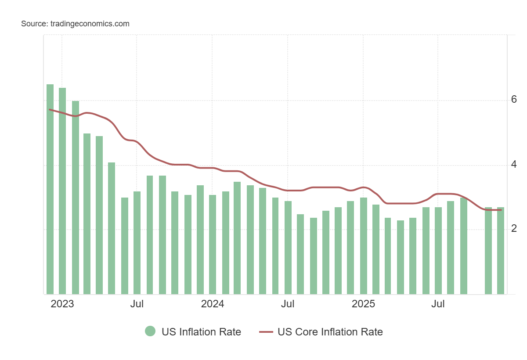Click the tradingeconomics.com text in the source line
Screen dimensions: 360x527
pyautogui.click(x=89, y=24)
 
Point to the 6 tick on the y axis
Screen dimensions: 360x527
pyautogui.click(x=514, y=100)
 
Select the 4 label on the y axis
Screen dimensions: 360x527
pyautogui.click(x=514, y=165)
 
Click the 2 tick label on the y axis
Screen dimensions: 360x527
pyautogui.click(x=514, y=229)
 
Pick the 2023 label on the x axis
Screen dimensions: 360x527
pyautogui.click(x=62, y=304)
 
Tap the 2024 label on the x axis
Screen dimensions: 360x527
pyautogui.click(x=212, y=304)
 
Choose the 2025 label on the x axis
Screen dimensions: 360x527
pyautogui.click(x=363, y=304)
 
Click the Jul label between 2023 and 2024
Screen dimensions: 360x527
pyautogui.click(x=137, y=304)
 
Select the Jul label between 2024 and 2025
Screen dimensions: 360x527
pyautogui.click(x=288, y=304)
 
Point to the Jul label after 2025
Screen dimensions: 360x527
pyautogui.click(x=438, y=304)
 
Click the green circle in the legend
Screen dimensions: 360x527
pyautogui.click(x=150, y=331)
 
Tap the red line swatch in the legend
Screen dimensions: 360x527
pyautogui.click(x=266, y=332)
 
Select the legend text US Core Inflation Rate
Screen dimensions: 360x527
pyautogui.click(x=330, y=332)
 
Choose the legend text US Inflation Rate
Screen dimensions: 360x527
pyautogui.click(x=201, y=332)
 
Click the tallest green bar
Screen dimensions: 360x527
pyautogui.click(x=50, y=189)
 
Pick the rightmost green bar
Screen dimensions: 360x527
pyautogui.click(x=501, y=250)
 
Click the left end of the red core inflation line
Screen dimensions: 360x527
pyautogui.click(x=50, y=109)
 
